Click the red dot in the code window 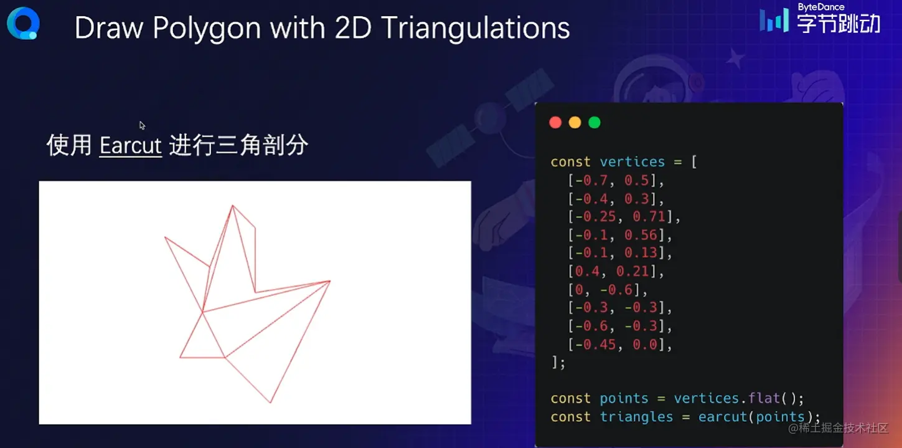pyautogui.click(x=555, y=123)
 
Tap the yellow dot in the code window pyautogui.click(x=575, y=123)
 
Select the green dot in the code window pyautogui.click(x=594, y=123)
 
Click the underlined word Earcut pyautogui.click(x=131, y=146)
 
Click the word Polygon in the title pyautogui.click(x=207, y=28)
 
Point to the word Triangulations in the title pyautogui.click(x=476, y=28)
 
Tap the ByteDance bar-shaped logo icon pyautogui.click(x=774, y=19)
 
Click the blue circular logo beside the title pyautogui.click(x=24, y=24)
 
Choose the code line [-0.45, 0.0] pyautogui.click(x=620, y=345)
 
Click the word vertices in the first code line pyautogui.click(x=632, y=162)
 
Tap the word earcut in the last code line pyautogui.click(x=723, y=417)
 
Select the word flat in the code pyautogui.click(x=764, y=398)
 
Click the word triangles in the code pyautogui.click(x=636, y=417)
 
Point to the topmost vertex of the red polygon pyautogui.click(x=232, y=206)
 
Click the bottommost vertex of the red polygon pyautogui.click(x=271, y=403)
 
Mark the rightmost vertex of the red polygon pyautogui.click(x=330, y=281)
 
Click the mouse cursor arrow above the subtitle pyautogui.click(x=142, y=125)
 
